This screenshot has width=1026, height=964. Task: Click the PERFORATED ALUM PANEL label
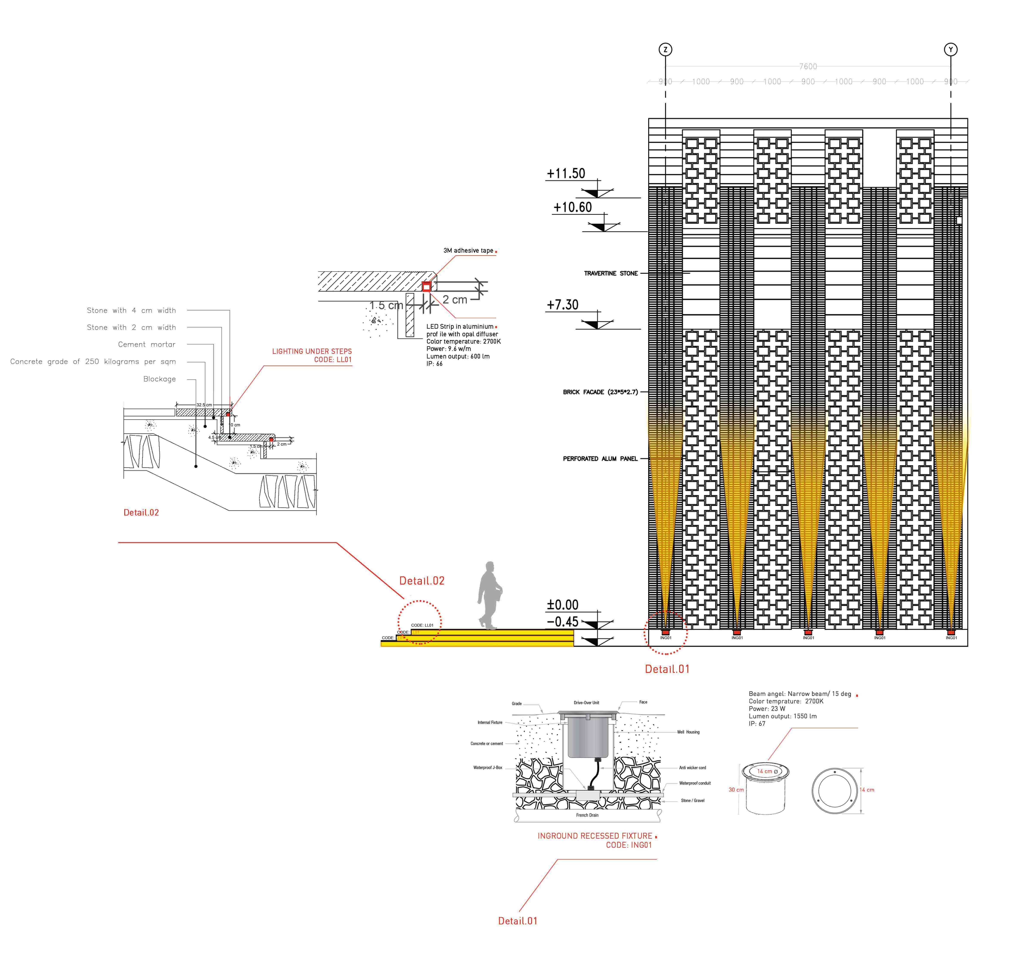tap(600, 459)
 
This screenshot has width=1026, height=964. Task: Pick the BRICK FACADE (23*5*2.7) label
tap(600, 392)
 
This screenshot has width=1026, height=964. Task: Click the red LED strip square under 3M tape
tap(426, 287)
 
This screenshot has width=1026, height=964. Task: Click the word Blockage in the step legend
tap(159, 379)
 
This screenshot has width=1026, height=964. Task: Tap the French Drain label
tap(587, 815)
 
